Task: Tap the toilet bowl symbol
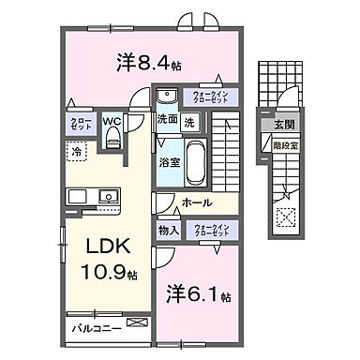pos(113,140)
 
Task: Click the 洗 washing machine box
pos(188,122)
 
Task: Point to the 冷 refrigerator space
pos(74,150)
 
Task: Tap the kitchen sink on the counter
pos(106,197)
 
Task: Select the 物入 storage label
pos(168,229)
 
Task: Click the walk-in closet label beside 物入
pos(211,229)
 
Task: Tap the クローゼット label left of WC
pos(79,125)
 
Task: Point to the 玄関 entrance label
pos(283,126)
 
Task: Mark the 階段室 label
pos(283,145)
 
